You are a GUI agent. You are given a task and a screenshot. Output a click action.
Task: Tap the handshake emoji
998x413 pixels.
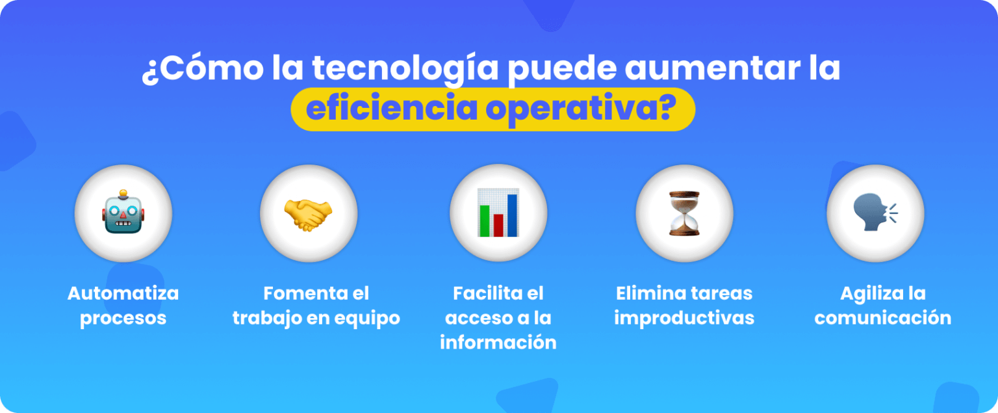[308, 213]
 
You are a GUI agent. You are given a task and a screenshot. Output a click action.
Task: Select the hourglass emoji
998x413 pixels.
[684, 213]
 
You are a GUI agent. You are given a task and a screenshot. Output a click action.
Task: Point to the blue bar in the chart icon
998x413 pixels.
[512, 215]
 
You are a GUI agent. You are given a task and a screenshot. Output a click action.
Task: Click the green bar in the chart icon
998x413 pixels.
[484, 221]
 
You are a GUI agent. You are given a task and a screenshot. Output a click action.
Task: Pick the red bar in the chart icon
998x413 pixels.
[498, 225]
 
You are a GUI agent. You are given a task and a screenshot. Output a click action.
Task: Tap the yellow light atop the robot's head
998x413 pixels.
[123, 194]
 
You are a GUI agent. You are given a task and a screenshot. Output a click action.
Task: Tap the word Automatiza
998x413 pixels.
[123, 293]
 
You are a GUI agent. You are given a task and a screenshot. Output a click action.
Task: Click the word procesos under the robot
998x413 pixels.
[123, 318]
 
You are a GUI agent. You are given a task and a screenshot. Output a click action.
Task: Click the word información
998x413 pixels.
[498, 343]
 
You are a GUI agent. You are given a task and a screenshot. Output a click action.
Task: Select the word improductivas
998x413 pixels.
[684, 318]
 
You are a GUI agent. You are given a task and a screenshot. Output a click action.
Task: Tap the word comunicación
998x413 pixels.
[882, 318]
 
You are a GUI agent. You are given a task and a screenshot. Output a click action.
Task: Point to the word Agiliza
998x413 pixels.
[864, 293]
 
